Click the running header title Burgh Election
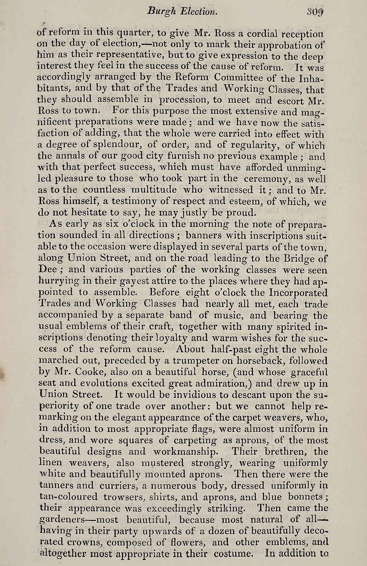click(x=181, y=12)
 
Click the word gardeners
click(x=62, y=520)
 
